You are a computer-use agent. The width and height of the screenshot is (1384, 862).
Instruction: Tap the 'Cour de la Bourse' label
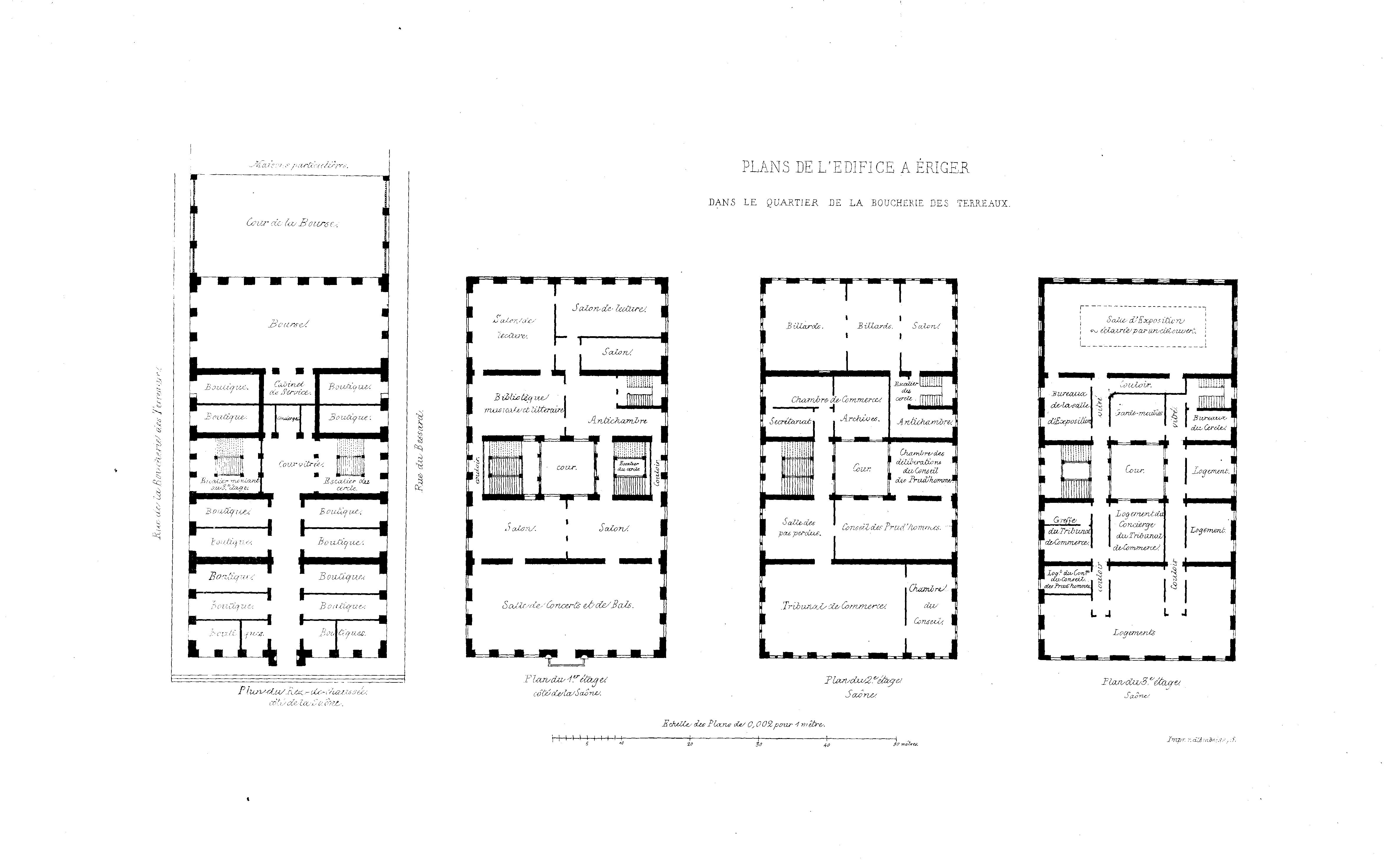click(292, 223)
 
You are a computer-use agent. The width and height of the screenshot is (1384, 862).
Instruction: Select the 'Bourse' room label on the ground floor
click(289, 324)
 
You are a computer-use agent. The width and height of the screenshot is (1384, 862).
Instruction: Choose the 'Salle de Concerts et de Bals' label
click(568, 605)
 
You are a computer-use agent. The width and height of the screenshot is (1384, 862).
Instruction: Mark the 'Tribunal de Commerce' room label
click(834, 606)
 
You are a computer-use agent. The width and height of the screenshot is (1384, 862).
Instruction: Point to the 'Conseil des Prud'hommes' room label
click(891, 527)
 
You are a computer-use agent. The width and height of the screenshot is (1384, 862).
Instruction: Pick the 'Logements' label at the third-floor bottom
click(1134, 632)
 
